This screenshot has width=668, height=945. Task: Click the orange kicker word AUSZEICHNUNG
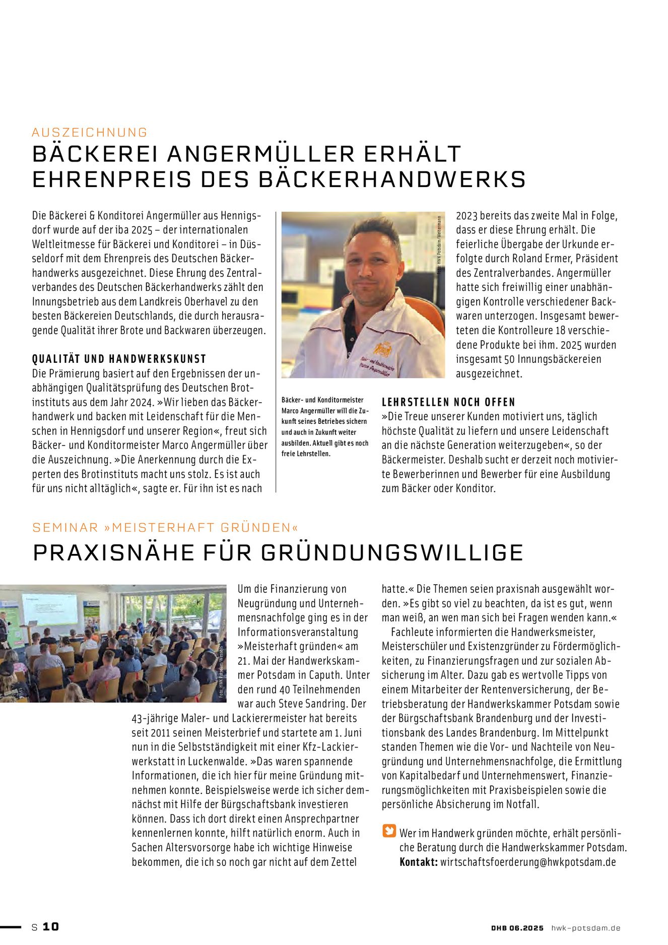pos(90,133)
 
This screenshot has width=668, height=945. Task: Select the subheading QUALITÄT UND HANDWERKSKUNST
pos(119,359)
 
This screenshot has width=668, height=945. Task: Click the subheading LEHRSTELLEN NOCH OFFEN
pos(448,402)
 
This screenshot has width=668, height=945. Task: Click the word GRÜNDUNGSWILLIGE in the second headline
pos(392,552)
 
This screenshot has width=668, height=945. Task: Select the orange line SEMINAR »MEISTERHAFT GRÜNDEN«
pos(165,528)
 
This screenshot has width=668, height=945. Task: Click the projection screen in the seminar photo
pos(49,609)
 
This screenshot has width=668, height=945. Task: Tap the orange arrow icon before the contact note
pos(389,831)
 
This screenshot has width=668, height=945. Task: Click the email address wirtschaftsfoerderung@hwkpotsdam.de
pos(528,862)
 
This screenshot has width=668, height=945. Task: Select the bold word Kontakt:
pos(418,862)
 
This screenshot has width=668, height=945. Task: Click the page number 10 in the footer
pos(50,926)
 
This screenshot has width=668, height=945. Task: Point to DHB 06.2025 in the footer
pos(517,928)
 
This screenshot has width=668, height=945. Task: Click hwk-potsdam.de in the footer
pos(586,928)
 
